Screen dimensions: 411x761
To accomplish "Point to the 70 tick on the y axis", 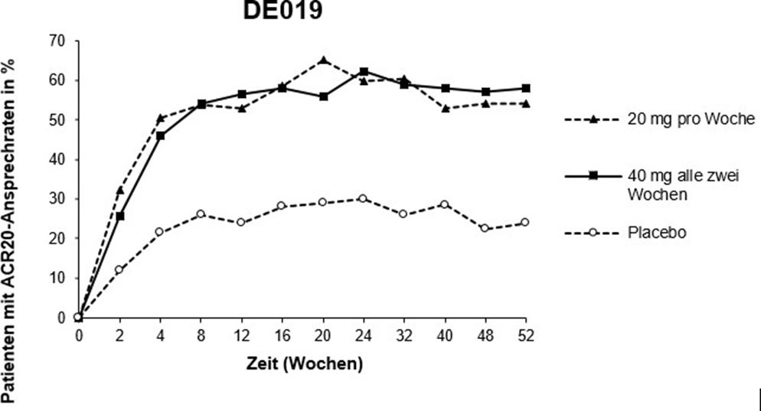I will coord(57,40).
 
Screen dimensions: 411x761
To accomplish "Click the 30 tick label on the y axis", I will coord(57,199).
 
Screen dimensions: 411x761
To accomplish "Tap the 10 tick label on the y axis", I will coord(57,278).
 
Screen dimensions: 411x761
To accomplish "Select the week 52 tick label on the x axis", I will coord(524,334).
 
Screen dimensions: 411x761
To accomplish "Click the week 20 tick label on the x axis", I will coord(322,334).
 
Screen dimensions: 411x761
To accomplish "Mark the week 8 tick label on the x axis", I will coord(201,334).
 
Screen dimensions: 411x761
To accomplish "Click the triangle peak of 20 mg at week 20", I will coord(323,60).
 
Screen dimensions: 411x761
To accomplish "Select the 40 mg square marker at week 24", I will coord(364,72).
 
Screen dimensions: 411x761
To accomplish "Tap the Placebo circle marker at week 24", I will coord(364,199).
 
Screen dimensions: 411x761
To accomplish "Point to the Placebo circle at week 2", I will coord(119,269).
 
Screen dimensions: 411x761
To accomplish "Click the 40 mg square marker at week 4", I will coord(160,135).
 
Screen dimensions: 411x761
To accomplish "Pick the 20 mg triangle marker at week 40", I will coord(445,108).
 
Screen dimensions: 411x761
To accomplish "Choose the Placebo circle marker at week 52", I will coord(525,223).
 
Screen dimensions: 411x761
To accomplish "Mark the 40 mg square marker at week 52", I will coord(525,88).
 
